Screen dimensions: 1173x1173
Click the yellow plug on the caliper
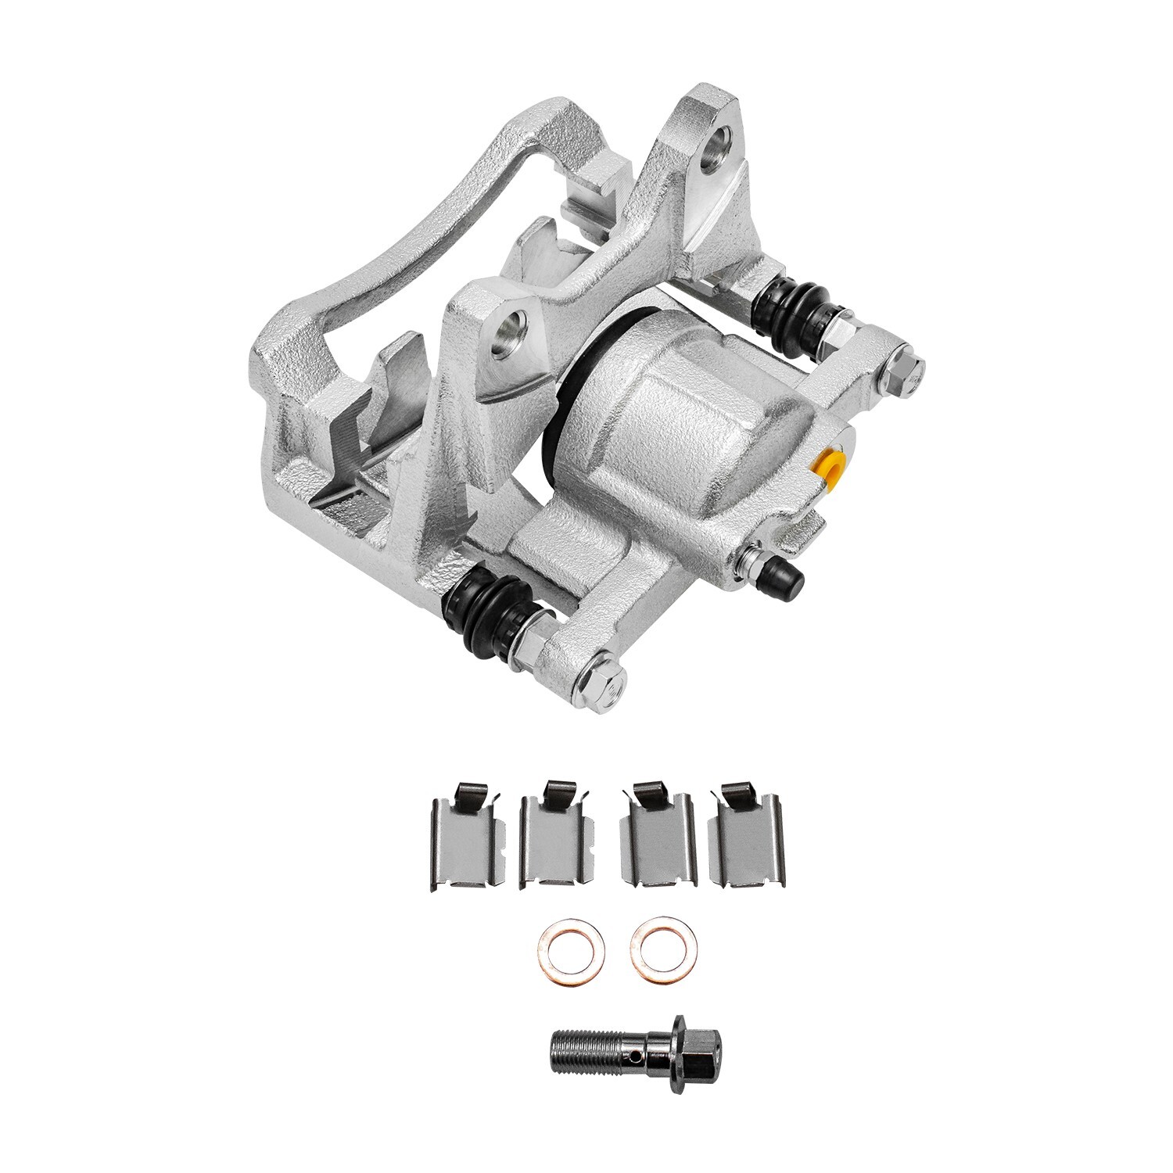pyautogui.click(x=830, y=468)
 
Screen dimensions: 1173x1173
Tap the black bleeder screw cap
pyautogui.click(x=784, y=577)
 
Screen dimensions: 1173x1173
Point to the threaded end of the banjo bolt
pyautogui.click(x=579, y=1047)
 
